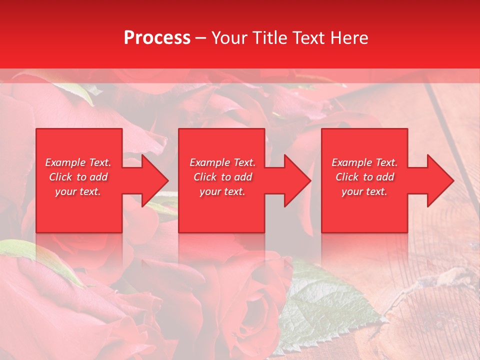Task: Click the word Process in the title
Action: point(157,38)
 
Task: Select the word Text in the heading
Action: point(310,38)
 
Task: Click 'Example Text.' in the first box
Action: point(78,162)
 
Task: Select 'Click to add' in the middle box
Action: point(222,177)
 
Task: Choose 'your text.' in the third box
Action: point(364,191)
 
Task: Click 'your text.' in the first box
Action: point(78,191)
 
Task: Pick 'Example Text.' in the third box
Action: point(364,162)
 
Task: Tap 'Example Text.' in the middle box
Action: point(222,162)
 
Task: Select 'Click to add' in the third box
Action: point(364,177)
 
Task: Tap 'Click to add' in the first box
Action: point(78,177)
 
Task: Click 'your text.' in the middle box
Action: point(222,191)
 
